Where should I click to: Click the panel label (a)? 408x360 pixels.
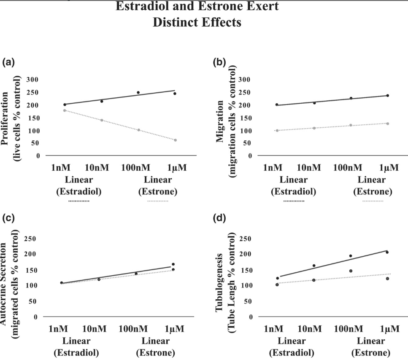(x=8, y=62)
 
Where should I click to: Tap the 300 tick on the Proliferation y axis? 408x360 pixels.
(x=32, y=80)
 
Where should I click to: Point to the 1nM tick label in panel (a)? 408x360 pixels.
(x=61, y=168)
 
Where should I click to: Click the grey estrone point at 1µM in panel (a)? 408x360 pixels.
(x=176, y=140)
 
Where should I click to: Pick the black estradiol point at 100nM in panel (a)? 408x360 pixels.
(x=138, y=93)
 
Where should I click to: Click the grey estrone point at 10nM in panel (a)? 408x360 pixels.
(x=102, y=120)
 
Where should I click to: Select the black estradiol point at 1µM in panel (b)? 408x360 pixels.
(x=388, y=96)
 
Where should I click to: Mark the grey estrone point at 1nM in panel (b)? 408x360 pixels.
(x=277, y=131)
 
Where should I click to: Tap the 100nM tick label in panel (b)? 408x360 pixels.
(x=348, y=168)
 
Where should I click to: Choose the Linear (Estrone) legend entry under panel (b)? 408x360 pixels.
(x=373, y=185)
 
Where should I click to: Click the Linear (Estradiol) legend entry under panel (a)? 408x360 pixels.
(x=79, y=185)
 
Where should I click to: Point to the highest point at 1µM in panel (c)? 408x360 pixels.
(x=173, y=264)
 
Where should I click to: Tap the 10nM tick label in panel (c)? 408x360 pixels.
(x=95, y=329)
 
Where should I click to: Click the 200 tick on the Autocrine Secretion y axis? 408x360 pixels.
(x=31, y=254)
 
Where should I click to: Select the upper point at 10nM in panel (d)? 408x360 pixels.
(x=314, y=266)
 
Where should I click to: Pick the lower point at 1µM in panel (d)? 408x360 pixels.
(x=387, y=279)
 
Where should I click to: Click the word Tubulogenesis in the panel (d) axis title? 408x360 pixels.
(x=219, y=282)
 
